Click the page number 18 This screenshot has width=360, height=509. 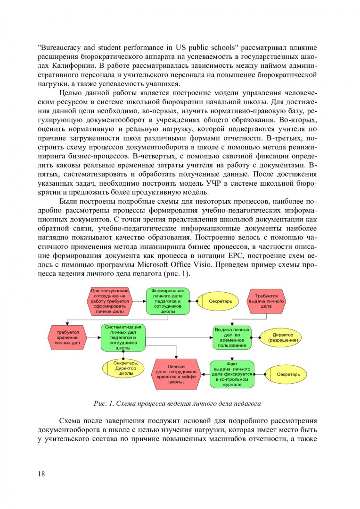pyautogui.click(x=41, y=474)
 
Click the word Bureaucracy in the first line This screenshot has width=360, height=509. pyautogui.click(x=62, y=48)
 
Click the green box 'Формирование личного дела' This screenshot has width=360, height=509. pyautogui.click(x=167, y=301)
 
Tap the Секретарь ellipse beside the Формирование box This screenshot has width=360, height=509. pyautogui.click(x=220, y=301)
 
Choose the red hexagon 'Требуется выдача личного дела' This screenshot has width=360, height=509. pyautogui.click(x=266, y=301)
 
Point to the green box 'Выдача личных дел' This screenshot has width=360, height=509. pyautogui.click(x=232, y=337)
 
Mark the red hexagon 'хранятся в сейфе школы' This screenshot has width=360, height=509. pyautogui.click(x=176, y=374)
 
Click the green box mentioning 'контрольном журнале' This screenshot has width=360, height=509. pyautogui.click(x=231, y=374)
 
